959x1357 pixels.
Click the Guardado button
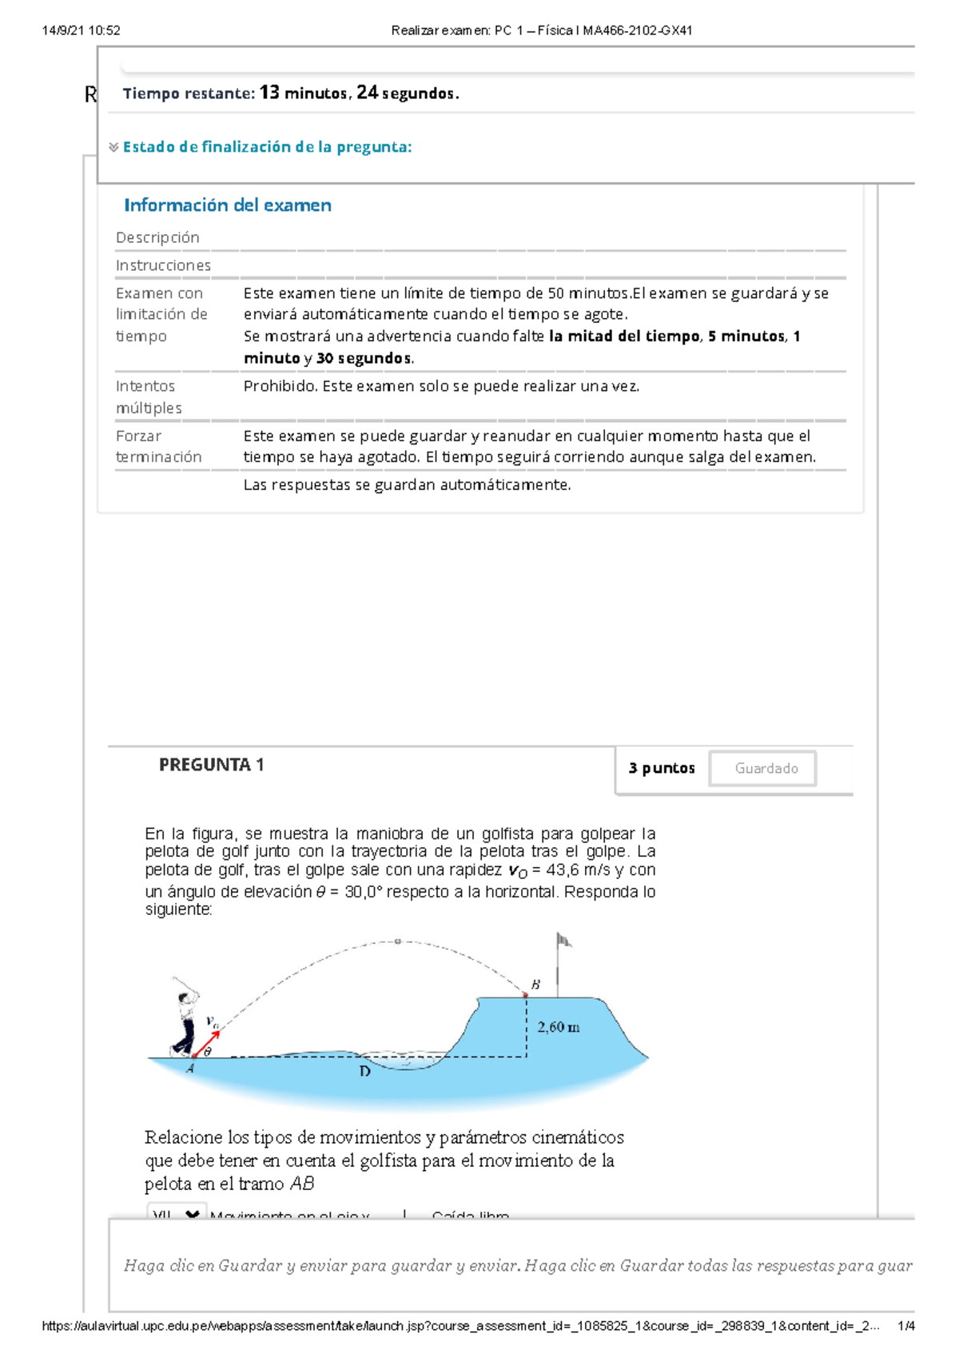tap(766, 768)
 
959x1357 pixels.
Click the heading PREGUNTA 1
tap(211, 765)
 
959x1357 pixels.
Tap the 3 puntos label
tap(661, 768)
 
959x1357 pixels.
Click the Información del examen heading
tap(227, 205)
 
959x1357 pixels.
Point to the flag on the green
tap(563, 941)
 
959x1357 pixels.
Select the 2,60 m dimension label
tap(558, 1027)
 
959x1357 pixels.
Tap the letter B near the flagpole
tap(535, 985)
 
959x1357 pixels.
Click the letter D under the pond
tap(364, 1071)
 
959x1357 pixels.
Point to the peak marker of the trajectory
tap(397, 941)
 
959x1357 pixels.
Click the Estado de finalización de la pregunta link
tap(267, 147)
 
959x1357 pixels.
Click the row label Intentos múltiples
tap(149, 397)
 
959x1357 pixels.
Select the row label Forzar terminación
tap(158, 447)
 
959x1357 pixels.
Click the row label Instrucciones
tap(163, 265)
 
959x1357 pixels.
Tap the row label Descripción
tap(157, 237)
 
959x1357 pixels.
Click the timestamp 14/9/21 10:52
tap(81, 30)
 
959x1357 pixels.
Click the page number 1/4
tap(905, 1326)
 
